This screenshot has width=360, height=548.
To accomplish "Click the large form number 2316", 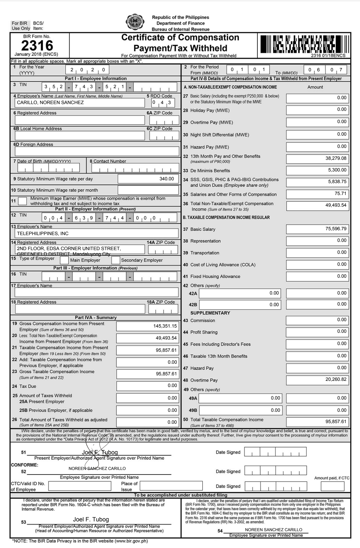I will [x=37, y=46].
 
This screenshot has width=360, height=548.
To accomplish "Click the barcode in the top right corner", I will [x=304, y=44].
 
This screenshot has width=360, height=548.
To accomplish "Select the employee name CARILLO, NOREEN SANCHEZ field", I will [x=80, y=103].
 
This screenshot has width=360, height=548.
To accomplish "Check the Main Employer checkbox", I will [x=64, y=260].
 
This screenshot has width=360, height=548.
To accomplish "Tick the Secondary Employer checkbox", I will [x=115, y=260].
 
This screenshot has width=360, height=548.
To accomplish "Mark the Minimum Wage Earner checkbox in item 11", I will [x=22, y=201].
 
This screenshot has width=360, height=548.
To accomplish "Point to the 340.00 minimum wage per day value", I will [x=148, y=179].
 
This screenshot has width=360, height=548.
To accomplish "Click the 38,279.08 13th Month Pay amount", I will [x=317, y=159].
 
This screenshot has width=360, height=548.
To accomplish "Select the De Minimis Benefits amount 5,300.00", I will [x=317, y=170].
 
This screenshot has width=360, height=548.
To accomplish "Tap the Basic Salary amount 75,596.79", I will [x=317, y=229].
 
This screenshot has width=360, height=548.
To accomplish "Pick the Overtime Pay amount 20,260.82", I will [x=317, y=380].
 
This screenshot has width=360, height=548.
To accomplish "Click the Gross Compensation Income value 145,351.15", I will [x=147, y=326].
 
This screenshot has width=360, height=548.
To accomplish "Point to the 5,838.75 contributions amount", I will [x=317, y=182].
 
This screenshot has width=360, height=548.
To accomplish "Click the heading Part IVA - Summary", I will [x=96, y=317].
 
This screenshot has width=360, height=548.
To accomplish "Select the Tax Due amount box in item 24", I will [x=147, y=386].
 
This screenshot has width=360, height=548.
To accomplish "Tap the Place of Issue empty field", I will [x=171, y=486].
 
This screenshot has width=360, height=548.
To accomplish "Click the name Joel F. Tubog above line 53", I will [x=91, y=520].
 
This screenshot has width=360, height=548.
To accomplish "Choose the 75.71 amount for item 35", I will [x=317, y=194].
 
